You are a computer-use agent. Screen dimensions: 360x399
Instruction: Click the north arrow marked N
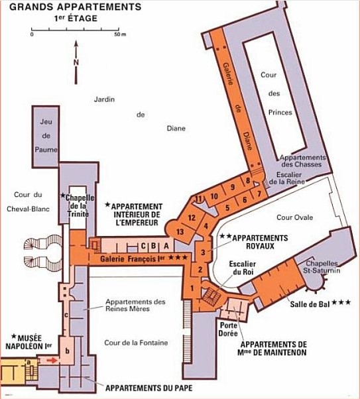pos(76,62)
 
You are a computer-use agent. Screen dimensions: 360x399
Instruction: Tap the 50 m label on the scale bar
pos(120,34)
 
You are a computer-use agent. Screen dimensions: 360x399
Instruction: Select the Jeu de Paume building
pos(46,137)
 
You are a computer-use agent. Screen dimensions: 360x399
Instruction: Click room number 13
pos(180,231)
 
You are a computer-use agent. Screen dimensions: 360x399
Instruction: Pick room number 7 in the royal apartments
pos(259,194)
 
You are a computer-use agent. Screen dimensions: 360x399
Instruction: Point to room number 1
pos(192,288)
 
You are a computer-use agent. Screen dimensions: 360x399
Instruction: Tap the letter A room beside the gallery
pos(166,246)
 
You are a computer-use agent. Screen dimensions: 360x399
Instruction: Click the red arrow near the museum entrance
pos(52,361)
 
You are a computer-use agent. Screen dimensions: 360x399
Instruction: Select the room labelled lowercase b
pos(68,351)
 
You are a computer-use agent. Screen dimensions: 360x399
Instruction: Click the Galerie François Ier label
pos(133,258)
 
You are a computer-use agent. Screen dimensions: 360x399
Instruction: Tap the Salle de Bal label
pos(310,304)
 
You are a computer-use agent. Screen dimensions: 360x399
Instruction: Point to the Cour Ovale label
pos(294,217)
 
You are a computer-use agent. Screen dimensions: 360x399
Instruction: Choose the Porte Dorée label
pos(228,329)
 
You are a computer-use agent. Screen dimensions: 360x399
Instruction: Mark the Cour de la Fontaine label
pos(136,343)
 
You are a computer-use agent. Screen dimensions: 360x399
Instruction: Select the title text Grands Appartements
pos(76,7)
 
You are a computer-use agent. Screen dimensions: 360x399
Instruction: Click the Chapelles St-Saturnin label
pos(322,266)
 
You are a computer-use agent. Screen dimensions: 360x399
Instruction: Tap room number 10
pos(214,196)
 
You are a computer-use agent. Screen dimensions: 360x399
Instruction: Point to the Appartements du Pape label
pos(149,388)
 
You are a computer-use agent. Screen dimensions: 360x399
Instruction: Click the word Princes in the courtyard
pos(280,112)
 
